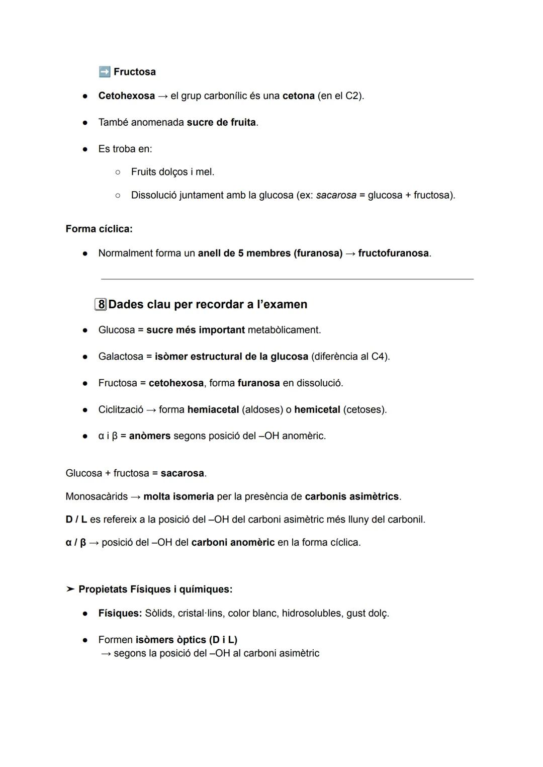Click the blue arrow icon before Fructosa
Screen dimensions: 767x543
point(105,71)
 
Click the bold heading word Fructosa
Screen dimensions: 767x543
point(135,72)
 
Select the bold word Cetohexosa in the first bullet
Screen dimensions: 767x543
point(127,96)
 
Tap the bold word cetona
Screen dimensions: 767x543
point(298,96)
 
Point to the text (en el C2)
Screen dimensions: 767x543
point(340,96)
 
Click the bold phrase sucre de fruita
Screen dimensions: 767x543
point(221,122)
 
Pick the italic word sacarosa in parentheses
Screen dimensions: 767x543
point(336,195)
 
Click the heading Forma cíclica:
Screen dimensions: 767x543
point(99,229)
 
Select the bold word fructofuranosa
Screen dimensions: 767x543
point(394,253)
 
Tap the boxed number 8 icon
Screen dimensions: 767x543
point(101,304)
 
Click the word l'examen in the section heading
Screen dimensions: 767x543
point(282,304)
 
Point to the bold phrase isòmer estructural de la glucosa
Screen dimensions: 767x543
point(231,357)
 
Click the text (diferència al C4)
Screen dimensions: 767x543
point(350,357)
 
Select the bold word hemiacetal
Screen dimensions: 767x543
point(213,410)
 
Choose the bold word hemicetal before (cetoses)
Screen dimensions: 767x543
point(317,410)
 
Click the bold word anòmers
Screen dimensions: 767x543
point(150,436)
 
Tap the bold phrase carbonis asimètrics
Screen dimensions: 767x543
point(351,496)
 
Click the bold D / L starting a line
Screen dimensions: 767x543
point(76,520)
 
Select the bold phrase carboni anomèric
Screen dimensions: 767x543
point(233,543)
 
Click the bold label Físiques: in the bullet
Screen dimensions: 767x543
point(120,614)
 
